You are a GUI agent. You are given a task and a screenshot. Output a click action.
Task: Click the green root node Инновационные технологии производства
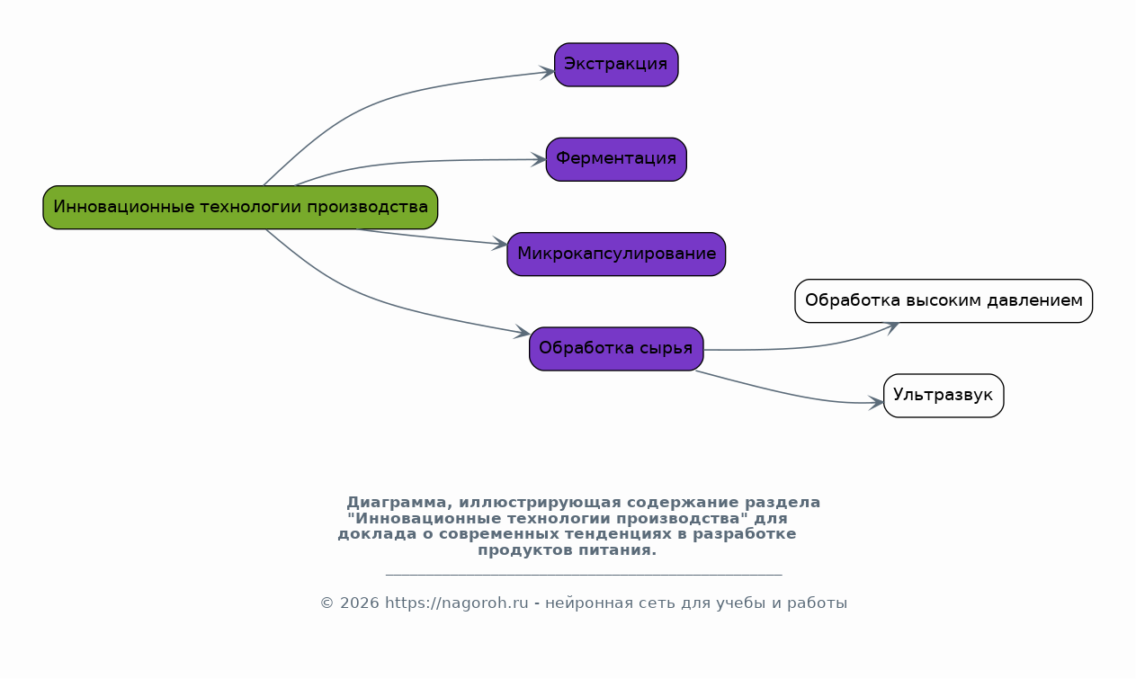[240, 208]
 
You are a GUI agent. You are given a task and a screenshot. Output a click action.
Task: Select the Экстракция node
[616, 65]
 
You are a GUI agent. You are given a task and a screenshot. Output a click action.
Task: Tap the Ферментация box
[616, 159]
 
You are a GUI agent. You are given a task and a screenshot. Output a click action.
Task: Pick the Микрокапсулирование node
[616, 255]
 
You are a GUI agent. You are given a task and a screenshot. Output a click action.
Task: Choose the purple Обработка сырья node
[616, 349]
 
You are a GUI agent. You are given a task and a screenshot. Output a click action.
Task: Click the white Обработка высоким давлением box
[944, 301]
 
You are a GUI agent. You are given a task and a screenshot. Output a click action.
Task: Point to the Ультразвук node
[944, 396]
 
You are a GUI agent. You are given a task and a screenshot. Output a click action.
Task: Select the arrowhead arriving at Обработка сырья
[523, 333]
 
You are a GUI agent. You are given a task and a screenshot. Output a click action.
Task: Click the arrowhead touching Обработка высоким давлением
[892, 326]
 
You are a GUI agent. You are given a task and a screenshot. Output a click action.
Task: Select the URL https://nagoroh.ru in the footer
[457, 603]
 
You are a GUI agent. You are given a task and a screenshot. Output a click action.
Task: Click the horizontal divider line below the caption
[584, 574]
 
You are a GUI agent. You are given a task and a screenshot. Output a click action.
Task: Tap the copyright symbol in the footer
[326, 603]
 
